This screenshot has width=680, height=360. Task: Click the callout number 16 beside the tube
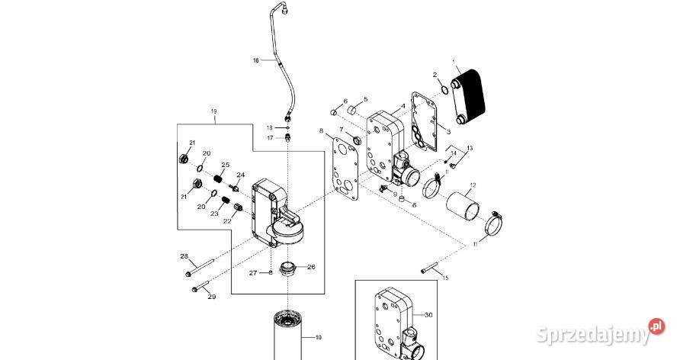[256, 59]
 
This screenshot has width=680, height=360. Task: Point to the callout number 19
[213, 111]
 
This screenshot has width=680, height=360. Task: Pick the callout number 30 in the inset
[428, 313]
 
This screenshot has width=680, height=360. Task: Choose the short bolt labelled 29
[200, 288]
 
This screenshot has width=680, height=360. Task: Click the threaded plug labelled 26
[288, 268]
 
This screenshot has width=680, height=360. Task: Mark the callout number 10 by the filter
[318, 337]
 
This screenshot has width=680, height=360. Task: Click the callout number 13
[470, 147]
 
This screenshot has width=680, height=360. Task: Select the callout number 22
[227, 221]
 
